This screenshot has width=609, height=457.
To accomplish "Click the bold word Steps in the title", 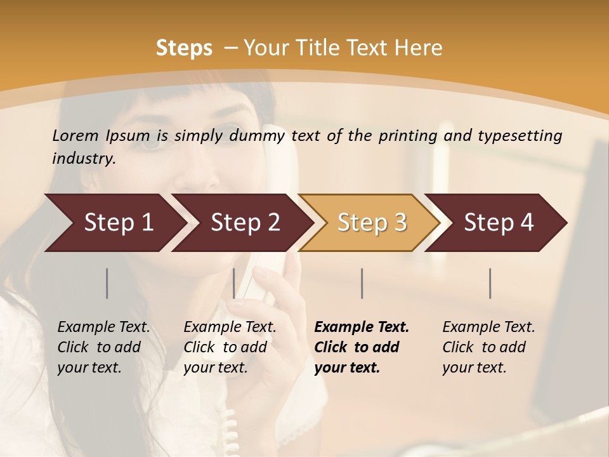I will (x=184, y=48).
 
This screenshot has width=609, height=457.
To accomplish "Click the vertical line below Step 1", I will (x=107, y=283).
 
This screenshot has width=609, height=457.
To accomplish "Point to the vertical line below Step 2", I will (x=234, y=283).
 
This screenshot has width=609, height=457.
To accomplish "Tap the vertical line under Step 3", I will (x=362, y=283).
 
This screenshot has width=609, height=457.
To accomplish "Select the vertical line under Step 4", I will (x=490, y=283).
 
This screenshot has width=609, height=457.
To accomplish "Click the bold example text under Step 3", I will (x=362, y=347).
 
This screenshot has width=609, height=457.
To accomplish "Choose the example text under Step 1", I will (x=103, y=347).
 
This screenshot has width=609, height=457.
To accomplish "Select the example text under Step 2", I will (x=230, y=347).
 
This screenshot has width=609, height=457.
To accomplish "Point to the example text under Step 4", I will (x=488, y=347).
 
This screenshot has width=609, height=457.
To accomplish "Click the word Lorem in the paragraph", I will (x=75, y=135).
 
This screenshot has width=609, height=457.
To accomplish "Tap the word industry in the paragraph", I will (x=84, y=158).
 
